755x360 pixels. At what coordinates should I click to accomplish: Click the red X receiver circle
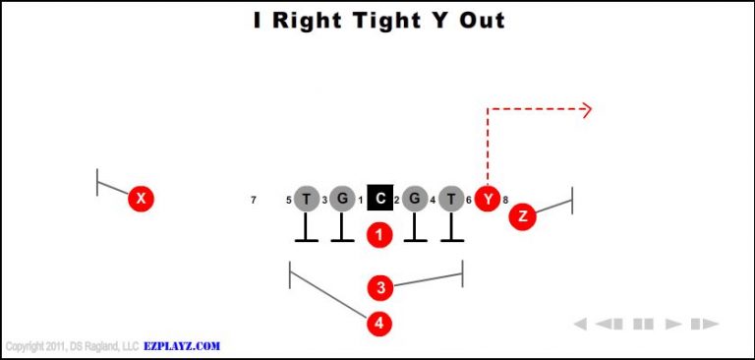[x=142, y=199]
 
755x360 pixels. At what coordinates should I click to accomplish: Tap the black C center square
[x=379, y=199]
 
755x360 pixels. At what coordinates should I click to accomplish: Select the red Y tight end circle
[x=488, y=199]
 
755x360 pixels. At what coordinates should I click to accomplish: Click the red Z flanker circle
[x=522, y=216]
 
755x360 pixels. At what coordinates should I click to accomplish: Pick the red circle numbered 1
[x=379, y=235]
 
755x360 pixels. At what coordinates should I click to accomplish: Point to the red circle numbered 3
[x=379, y=287]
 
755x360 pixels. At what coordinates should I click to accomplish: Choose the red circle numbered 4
[x=379, y=322]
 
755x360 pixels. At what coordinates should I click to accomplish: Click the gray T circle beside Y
[x=451, y=199]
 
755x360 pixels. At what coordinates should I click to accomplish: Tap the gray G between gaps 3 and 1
[x=342, y=199]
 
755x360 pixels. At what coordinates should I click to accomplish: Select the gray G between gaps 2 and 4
[x=415, y=199]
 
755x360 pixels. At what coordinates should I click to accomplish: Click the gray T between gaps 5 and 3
[x=306, y=199]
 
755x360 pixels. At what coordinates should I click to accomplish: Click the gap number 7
[x=254, y=201]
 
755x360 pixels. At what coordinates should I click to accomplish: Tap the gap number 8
[x=505, y=201]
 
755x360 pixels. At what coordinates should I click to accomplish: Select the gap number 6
[x=469, y=201]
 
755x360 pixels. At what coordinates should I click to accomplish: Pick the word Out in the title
[x=482, y=20]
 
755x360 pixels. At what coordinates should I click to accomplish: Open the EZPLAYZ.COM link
[x=182, y=346]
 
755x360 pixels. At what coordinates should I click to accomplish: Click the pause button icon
[x=644, y=324]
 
